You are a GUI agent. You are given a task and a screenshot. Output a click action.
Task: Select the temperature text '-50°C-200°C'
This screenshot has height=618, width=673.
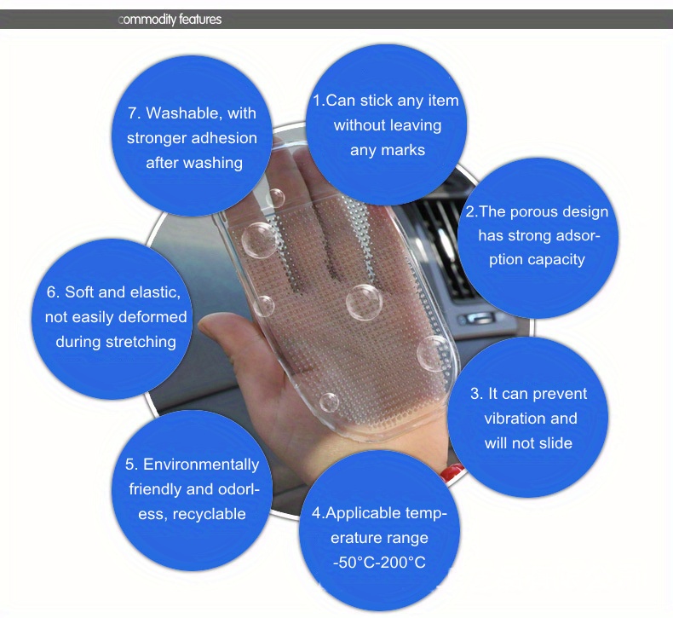tap(379, 563)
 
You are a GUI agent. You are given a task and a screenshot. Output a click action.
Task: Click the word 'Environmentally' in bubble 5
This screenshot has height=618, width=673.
tap(201, 465)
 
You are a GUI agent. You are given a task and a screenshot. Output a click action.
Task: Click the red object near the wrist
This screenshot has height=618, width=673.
tap(452, 472)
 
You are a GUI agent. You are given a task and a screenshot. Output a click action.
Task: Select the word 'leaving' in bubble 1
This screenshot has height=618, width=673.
tap(415, 126)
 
